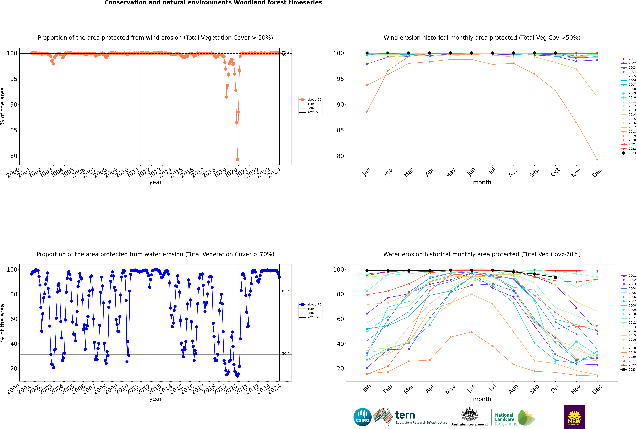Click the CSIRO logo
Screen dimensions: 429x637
tap(362, 417)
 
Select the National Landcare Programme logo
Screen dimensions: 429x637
tap(514, 418)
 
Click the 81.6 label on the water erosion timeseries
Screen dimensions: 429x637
tap(286, 291)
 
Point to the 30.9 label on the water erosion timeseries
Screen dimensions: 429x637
tap(286, 353)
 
